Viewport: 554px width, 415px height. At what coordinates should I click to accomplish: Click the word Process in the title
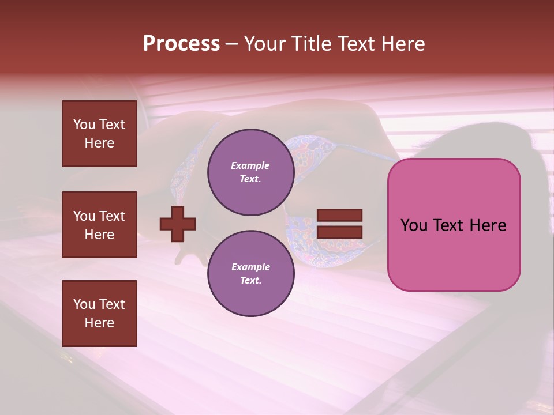[181, 44]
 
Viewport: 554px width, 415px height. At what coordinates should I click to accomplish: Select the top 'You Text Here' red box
[99, 134]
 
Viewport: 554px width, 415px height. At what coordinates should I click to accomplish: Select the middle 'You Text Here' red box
[99, 225]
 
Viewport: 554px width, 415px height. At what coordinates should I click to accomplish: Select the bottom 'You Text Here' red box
[99, 314]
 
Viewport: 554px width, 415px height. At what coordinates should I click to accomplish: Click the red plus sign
[178, 224]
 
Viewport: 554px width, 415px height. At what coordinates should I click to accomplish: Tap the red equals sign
[339, 224]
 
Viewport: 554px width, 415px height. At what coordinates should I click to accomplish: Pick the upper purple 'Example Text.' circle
[250, 172]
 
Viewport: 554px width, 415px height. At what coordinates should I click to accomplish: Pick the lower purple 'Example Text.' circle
[250, 274]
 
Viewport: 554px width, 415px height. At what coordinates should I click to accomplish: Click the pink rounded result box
[454, 225]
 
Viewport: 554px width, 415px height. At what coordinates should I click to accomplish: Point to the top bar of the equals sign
[339, 215]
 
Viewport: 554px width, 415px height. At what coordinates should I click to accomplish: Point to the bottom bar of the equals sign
[339, 232]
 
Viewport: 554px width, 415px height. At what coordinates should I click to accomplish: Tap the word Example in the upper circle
[250, 165]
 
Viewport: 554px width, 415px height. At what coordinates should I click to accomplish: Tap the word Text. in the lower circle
[250, 281]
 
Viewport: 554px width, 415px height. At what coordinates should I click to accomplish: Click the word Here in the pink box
[488, 225]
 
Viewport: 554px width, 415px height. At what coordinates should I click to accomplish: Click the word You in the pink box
[414, 225]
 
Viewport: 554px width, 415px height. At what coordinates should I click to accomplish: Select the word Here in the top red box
[99, 143]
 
